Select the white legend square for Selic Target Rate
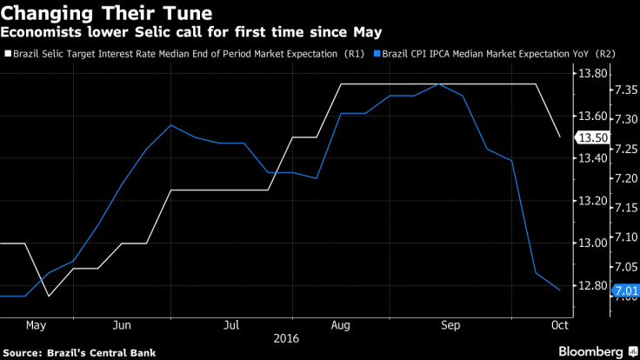click(x=8, y=53)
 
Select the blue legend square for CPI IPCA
click(x=376, y=53)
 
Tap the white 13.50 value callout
click(x=591, y=137)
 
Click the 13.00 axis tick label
click(x=591, y=243)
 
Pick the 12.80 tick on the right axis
click(x=591, y=285)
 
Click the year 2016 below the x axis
click(x=285, y=339)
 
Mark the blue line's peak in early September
click(x=438, y=84)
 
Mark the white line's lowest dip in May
click(x=49, y=296)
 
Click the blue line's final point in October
click(x=559, y=290)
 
